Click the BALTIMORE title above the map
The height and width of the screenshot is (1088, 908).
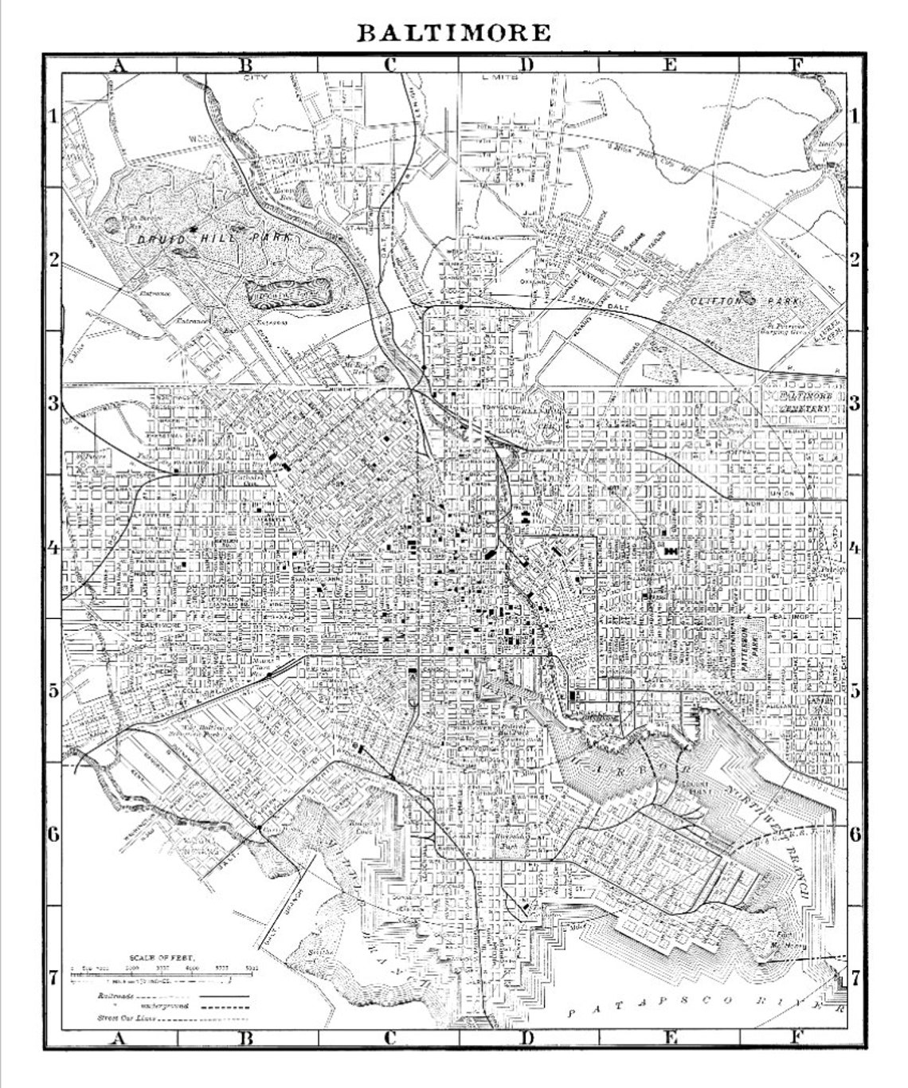point(452,33)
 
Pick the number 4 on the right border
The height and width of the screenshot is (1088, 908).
point(855,548)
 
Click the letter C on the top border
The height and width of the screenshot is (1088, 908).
point(389,66)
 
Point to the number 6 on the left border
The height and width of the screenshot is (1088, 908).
point(53,835)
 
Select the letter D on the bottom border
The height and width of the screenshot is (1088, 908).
point(527,1036)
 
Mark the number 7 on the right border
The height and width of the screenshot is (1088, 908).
point(855,976)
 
